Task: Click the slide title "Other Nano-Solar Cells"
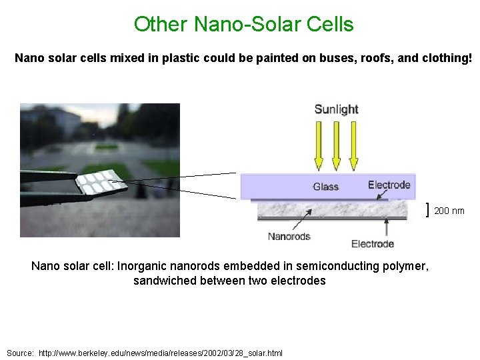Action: coord(243,25)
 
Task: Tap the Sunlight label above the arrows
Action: coord(336,109)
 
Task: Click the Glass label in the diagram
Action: coord(326,187)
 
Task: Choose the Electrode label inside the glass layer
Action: coord(389,185)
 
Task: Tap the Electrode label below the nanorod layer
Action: coord(373,243)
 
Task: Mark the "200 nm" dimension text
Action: coord(449,211)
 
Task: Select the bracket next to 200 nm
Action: coord(427,211)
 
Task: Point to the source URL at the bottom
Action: coord(161,352)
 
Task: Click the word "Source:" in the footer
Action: coord(20,352)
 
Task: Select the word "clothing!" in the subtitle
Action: coord(447,59)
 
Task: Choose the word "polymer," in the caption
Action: coord(408,267)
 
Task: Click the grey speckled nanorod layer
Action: coord(333,209)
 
